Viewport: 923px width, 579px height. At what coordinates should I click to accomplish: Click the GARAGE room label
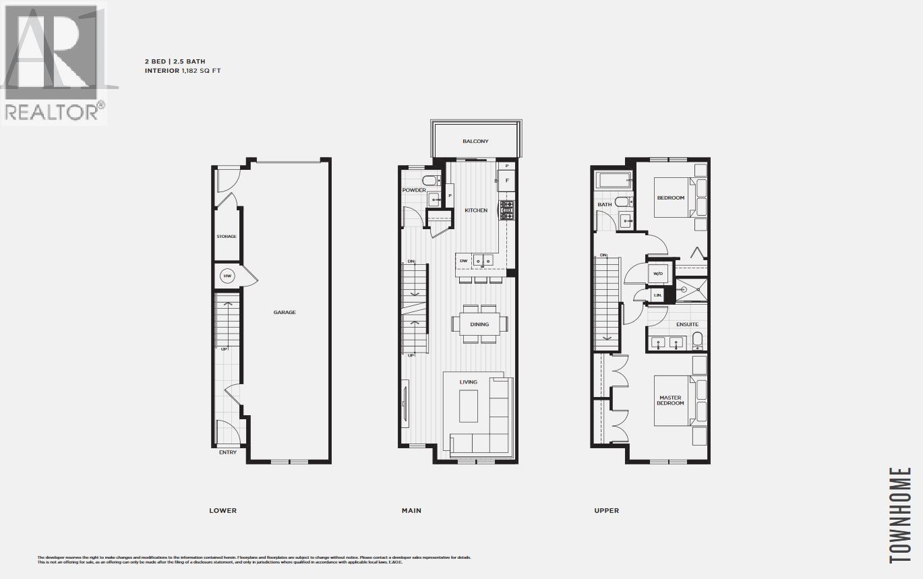click(285, 312)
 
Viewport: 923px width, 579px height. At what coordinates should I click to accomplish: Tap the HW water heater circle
click(227, 276)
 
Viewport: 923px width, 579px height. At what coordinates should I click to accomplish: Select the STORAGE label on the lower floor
click(227, 237)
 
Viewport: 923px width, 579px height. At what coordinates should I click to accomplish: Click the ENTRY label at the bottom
click(228, 452)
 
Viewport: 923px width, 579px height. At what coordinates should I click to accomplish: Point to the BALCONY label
click(475, 142)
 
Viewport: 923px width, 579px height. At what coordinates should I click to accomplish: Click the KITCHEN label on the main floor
click(476, 210)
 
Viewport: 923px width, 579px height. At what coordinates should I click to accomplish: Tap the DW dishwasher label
click(463, 260)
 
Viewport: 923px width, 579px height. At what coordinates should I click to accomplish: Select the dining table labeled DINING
click(479, 324)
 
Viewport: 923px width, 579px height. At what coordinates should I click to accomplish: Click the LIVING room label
click(469, 382)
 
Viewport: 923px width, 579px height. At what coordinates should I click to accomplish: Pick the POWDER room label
click(414, 190)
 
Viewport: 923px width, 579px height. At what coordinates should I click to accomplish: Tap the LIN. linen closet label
click(657, 295)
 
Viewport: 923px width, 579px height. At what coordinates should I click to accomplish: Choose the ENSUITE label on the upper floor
click(688, 324)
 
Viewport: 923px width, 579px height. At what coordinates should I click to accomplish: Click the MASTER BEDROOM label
click(671, 400)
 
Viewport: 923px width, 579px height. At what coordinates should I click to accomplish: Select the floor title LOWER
click(222, 510)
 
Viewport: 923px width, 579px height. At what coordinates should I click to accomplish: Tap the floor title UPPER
click(606, 510)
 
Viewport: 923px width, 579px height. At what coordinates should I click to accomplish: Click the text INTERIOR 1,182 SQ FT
click(183, 70)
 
